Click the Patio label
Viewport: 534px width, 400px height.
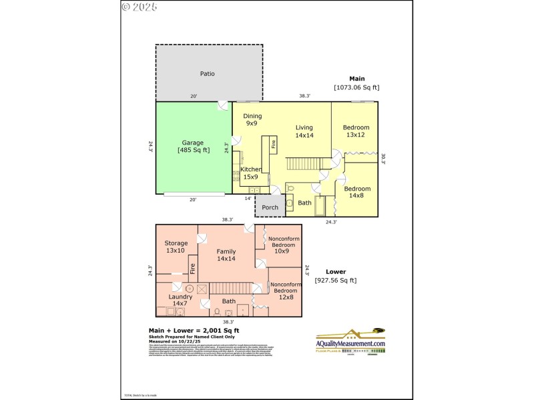[x=208, y=73]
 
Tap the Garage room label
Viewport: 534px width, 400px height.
[x=193, y=147]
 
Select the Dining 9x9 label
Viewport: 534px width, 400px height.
[x=252, y=120]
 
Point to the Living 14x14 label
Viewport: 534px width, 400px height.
[x=304, y=131]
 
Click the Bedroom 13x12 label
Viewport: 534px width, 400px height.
[x=356, y=131]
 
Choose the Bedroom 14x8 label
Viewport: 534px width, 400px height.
[x=357, y=193]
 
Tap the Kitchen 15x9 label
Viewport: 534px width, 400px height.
[x=251, y=173]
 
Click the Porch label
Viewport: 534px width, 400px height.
[x=270, y=208]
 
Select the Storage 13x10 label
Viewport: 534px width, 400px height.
[x=176, y=247]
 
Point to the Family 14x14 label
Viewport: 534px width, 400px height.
[x=226, y=255]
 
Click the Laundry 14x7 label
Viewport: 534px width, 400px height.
[x=180, y=300]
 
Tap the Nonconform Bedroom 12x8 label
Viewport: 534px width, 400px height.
[x=286, y=294]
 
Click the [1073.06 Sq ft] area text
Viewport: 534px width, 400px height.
[x=356, y=87]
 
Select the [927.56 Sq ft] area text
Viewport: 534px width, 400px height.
[x=336, y=281]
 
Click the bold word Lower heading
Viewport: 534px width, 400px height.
[x=335, y=271]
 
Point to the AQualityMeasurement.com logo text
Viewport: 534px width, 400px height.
[x=350, y=343]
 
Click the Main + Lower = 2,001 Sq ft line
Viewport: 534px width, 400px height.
[x=193, y=331]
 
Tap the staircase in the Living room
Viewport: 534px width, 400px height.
[x=309, y=163]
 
